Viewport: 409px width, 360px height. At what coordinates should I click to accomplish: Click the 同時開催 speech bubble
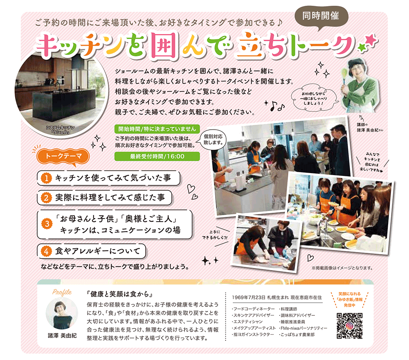(321, 16)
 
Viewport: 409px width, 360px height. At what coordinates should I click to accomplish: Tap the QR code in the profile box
(350, 326)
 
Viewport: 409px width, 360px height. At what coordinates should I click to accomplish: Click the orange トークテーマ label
(63, 156)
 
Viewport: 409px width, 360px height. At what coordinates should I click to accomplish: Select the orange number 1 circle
(47, 178)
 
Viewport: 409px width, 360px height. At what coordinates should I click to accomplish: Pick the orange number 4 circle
(47, 251)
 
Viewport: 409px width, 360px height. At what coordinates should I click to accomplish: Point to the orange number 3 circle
(47, 224)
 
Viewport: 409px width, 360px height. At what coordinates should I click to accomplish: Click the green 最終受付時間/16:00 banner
(157, 156)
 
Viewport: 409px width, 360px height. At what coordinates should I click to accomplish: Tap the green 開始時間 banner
(157, 128)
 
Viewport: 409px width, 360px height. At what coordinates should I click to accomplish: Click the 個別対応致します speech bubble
(213, 140)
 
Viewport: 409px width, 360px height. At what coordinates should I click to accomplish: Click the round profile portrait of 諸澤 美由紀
(62, 313)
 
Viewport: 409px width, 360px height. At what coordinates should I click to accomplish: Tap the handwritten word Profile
(62, 292)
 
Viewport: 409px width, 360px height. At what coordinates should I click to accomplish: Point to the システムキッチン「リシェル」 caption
(61, 130)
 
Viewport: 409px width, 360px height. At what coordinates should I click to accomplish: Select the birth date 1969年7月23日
(249, 297)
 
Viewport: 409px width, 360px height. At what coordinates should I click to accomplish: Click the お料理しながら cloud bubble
(314, 99)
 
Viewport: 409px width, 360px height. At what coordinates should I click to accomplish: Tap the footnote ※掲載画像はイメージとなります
(342, 268)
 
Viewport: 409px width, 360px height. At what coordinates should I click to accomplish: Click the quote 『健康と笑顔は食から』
(120, 294)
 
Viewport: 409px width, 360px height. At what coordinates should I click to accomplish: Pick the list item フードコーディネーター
(253, 309)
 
